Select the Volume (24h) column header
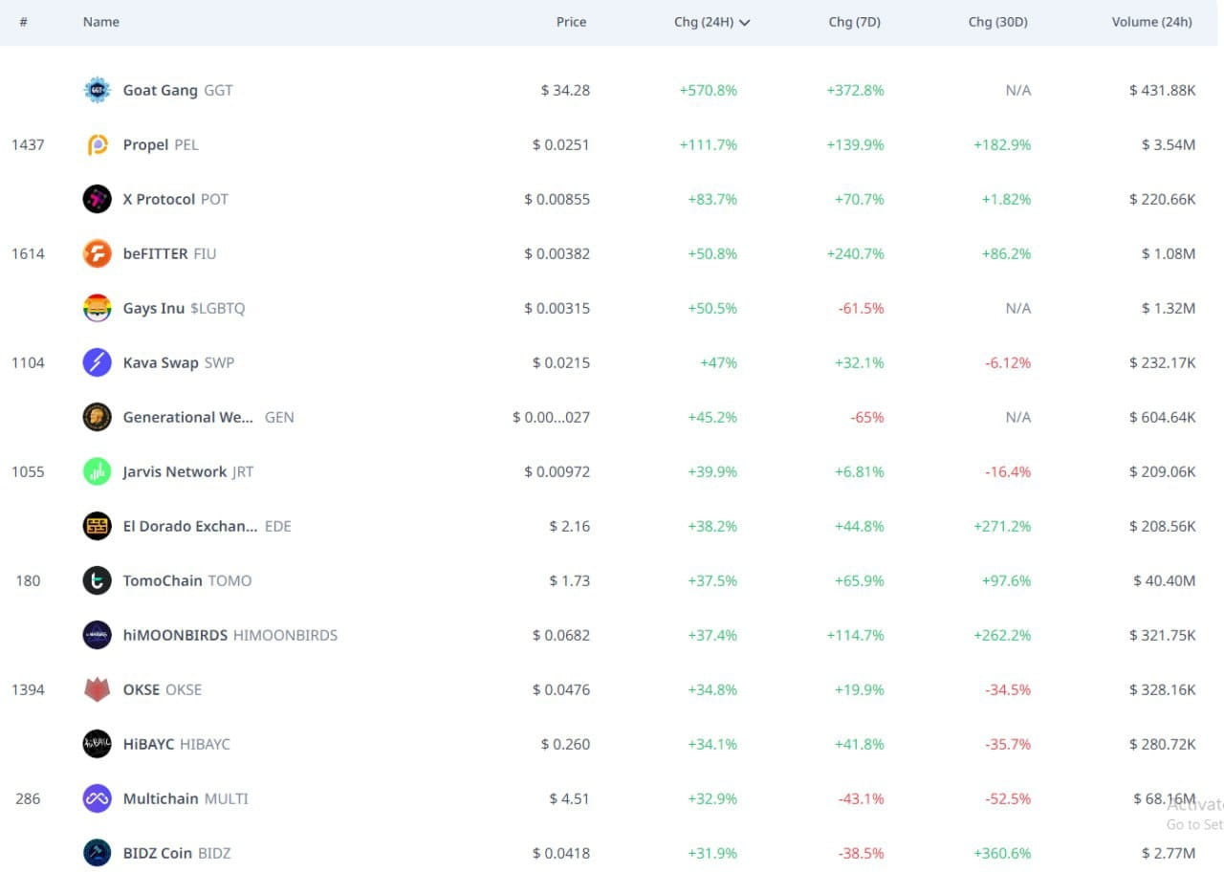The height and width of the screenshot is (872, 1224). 1151,22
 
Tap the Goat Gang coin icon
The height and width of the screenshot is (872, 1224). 97,90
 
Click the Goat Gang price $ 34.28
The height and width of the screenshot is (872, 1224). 565,90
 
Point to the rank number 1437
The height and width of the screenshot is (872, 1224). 28,144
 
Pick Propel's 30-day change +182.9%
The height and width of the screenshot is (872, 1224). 1002,144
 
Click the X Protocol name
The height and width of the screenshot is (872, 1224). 159,199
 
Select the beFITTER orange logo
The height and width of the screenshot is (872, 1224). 97,253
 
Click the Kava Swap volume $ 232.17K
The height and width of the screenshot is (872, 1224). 1162,362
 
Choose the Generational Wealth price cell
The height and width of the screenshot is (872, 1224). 551,417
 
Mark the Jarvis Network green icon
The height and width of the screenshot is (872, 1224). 97,471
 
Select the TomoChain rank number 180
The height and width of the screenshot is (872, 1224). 28,580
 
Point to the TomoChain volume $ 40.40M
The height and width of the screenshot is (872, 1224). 1164,580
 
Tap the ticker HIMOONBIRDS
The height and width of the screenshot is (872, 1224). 285,635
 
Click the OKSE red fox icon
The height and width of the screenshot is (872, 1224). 97,689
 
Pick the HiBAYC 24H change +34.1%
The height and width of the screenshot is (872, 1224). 712,744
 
